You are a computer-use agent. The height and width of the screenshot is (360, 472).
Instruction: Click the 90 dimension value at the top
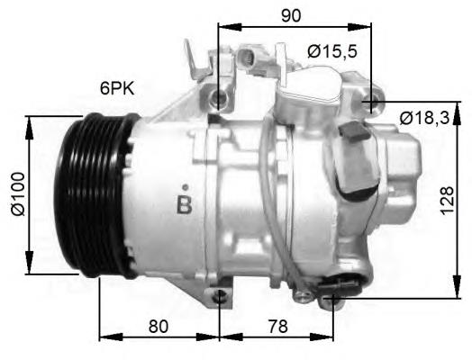click(290, 14)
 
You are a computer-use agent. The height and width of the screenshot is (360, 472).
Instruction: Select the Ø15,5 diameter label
click(331, 52)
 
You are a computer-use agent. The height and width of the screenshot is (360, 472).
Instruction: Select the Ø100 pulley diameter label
click(15, 193)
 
